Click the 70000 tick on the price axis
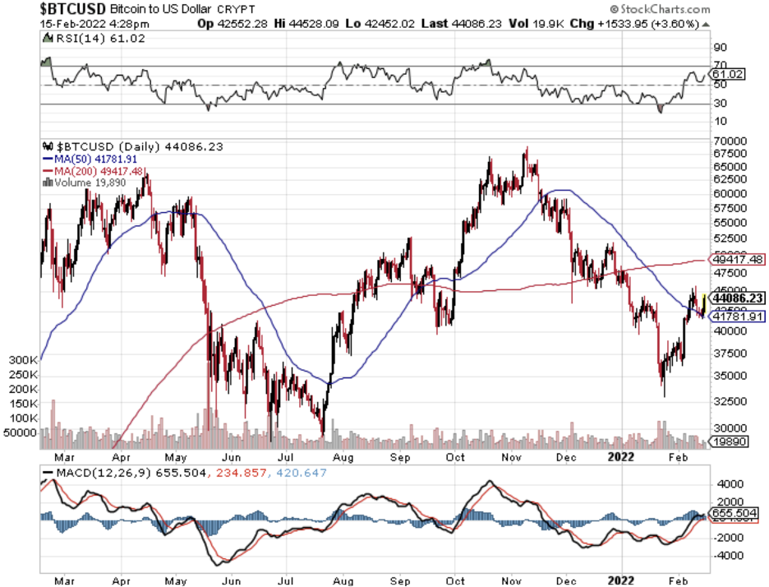pos(730,141)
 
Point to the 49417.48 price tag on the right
pos(737,260)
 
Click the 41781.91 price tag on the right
pos(737,315)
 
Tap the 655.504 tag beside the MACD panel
pos(734,512)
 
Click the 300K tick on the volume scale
pos(23,360)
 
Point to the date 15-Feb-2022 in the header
pos(72,25)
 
